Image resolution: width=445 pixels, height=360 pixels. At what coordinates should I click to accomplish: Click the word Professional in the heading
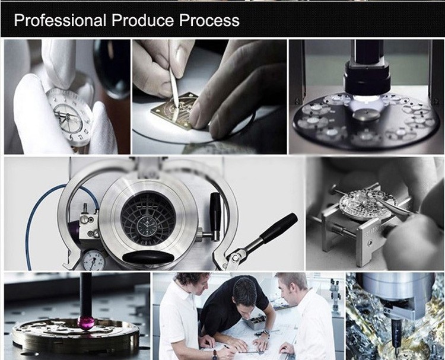click(60, 20)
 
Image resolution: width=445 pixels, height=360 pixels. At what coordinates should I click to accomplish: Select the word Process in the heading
click(209, 20)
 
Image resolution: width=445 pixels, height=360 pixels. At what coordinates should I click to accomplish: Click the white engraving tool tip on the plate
click(176, 104)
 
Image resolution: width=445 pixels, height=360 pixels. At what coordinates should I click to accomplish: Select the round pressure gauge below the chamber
click(94, 259)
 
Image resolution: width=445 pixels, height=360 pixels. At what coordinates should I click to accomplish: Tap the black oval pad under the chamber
click(148, 257)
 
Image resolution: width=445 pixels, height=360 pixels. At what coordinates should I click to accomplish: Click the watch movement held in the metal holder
click(364, 204)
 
